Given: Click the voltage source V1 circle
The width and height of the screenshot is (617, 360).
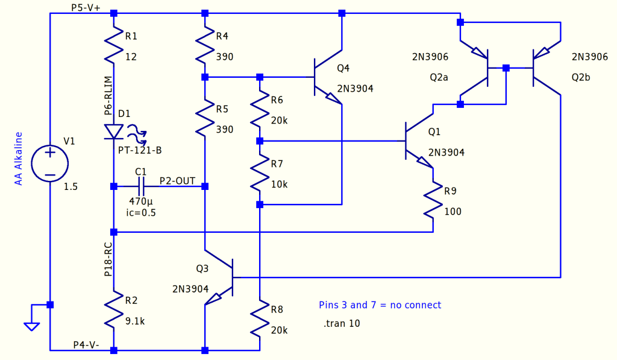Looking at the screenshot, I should pyautogui.click(x=50, y=163).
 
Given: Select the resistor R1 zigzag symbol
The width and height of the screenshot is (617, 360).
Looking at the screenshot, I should pyautogui.click(x=114, y=47).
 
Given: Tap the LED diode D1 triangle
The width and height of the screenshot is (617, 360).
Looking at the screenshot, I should pyautogui.click(x=114, y=131).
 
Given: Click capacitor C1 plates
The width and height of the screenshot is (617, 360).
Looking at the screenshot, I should pyautogui.click(x=140, y=186).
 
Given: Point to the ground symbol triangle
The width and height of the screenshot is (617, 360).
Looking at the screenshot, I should pyautogui.click(x=32, y=326).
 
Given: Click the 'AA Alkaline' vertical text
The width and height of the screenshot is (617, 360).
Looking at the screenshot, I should pyautogui.click(x=19, y=158).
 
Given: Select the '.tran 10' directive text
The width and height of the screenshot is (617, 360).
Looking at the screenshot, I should pyautogui.click(x=341, y=324).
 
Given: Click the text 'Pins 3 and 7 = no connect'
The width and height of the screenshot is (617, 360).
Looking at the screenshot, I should pyautogui.click(x=380, y=305).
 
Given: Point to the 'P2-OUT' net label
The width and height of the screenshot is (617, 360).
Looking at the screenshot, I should pyautogui.click(x=177, y=180).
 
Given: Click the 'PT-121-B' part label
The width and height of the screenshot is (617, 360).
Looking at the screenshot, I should pyautogui.click(x=144, y=149).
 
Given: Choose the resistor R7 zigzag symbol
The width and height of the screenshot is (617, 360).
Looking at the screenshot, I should pyautogui.click(x=260, y=173).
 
